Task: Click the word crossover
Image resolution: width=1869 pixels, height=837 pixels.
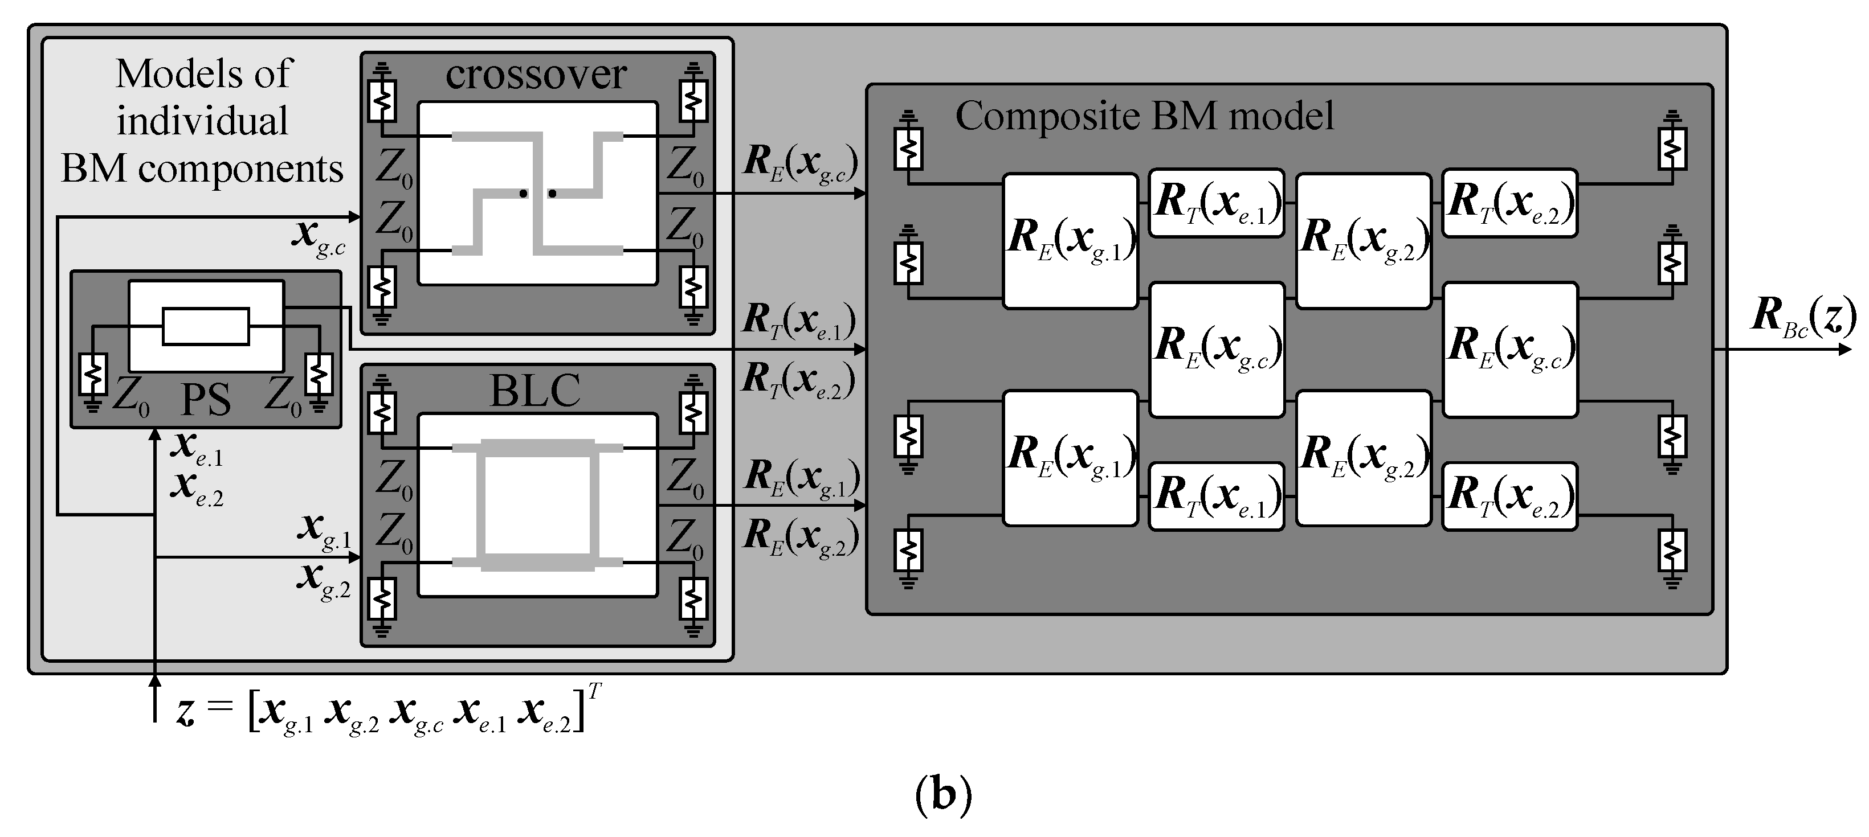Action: pyautogui.click(x=536, y=75)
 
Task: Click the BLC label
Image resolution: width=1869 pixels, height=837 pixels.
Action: pyautogui.click(x=536, y=391)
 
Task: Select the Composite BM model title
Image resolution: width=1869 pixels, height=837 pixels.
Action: pyautogui.click(x=1144, y=116)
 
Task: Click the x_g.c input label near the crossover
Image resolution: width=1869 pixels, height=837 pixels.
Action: pyautogui.click(x=318, y=236)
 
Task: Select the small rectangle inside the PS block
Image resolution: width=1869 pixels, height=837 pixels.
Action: pyautogui.click(x=206, y=326)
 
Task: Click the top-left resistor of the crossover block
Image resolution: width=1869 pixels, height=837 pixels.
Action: pyautogui.click(x=382, y=101)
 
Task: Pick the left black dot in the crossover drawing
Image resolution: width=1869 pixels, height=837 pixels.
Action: pyautogui.click(x=523, y=194)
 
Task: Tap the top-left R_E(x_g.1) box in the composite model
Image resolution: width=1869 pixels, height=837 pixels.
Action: pyautogui.click(x=1070, y=241)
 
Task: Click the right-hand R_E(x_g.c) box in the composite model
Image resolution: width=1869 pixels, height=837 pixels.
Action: pyautogui.click(x=1510, y=349)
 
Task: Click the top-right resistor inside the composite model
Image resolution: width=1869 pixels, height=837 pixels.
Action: pyautogui.click(x=1672, y=149)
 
